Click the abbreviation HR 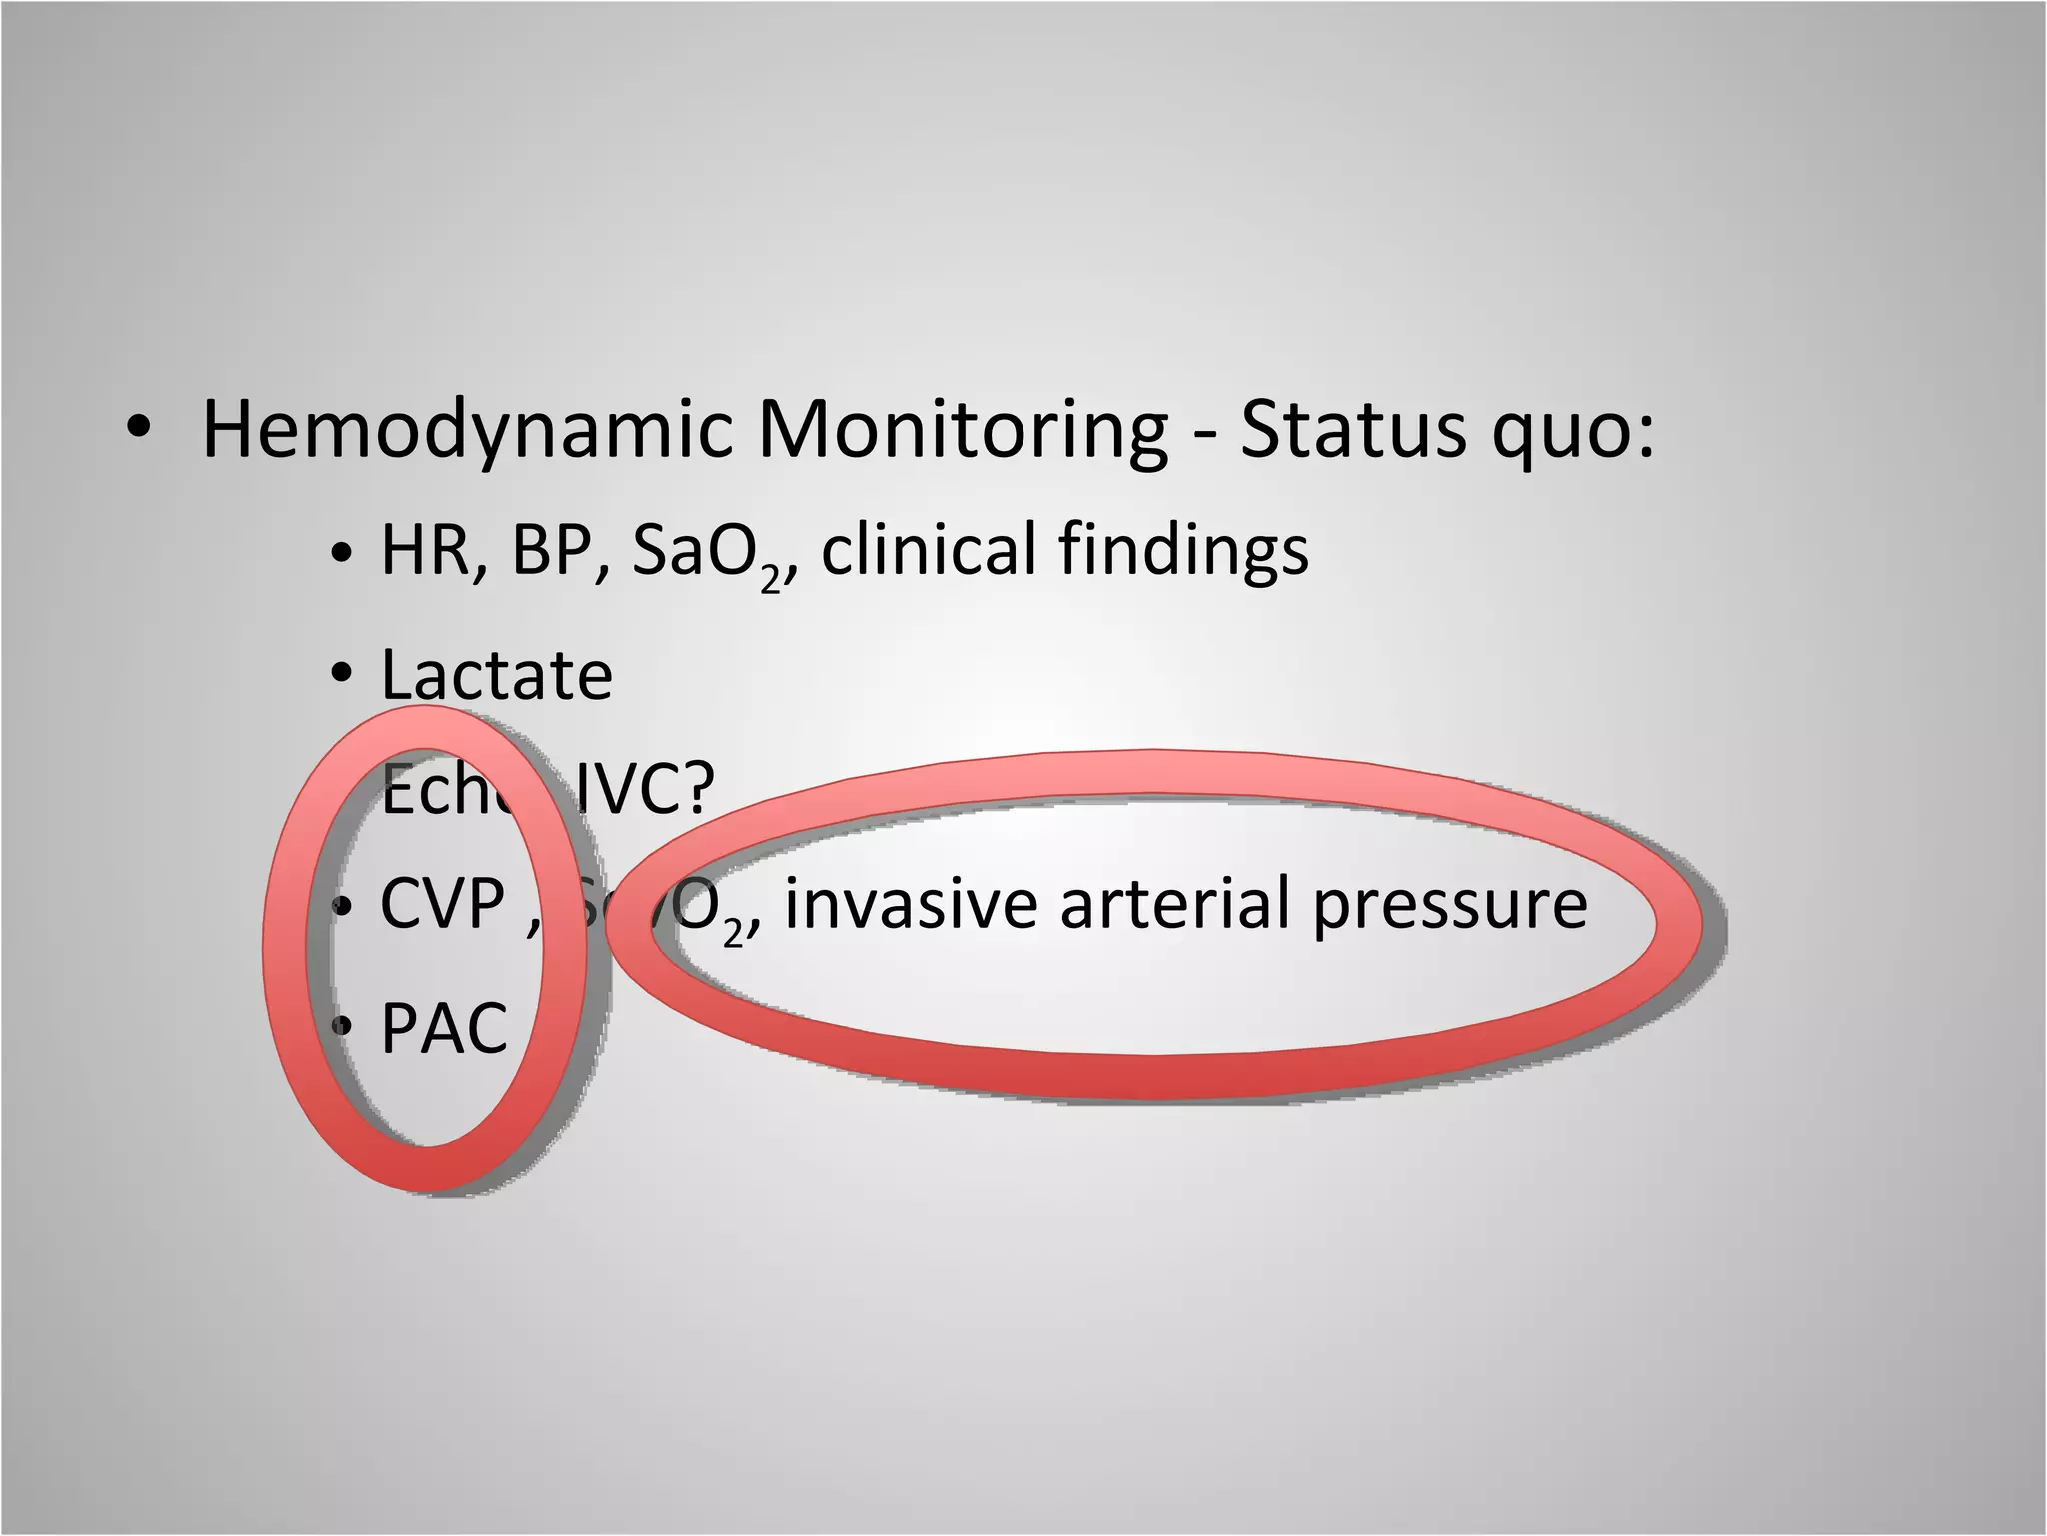[428, 550]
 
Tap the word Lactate [496, 675]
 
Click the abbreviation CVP [442, 904]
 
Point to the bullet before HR [342, 552]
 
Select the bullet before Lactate [342, 674]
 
